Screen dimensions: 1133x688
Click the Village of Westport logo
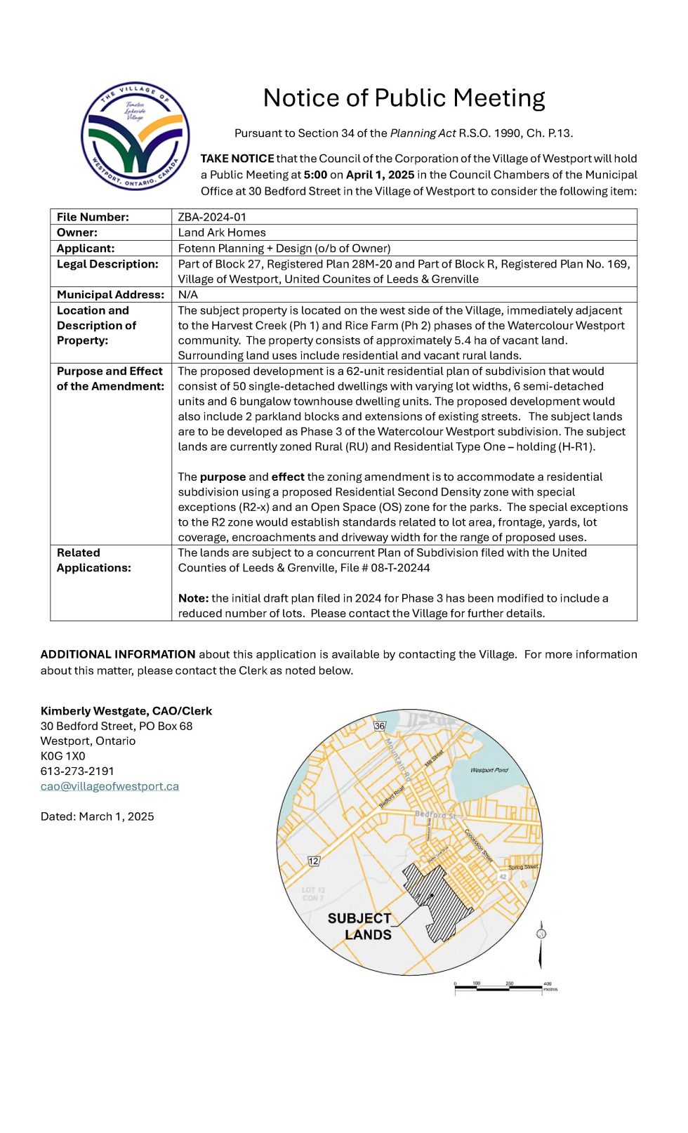click(135, 136)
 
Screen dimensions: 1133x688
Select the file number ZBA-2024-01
click(212, 217)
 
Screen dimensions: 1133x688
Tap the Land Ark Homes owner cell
click(222, 232)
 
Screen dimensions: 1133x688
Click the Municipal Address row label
click(110, 295)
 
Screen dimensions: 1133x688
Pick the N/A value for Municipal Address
click(188, 295)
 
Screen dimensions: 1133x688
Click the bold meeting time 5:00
click(315, 175)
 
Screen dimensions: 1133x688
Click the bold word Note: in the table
click(193, 598)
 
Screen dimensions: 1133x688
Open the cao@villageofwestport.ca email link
click(110, 786)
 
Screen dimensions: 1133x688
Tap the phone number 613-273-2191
click(77, 771)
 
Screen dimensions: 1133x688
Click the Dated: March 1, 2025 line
click(97, 816)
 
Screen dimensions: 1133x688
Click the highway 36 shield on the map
click(380, 726)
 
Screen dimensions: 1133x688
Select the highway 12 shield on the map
click(314, 861)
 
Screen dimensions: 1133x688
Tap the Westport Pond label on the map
click(489, 770)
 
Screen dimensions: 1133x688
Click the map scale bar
click(498, 988)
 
